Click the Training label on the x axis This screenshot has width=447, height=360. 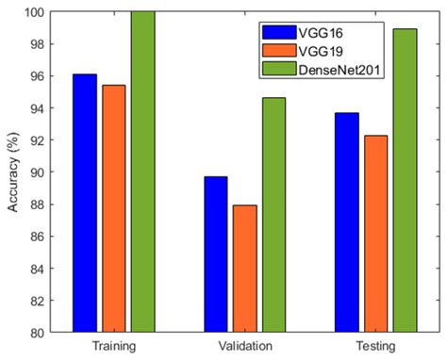tap(115, 346)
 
